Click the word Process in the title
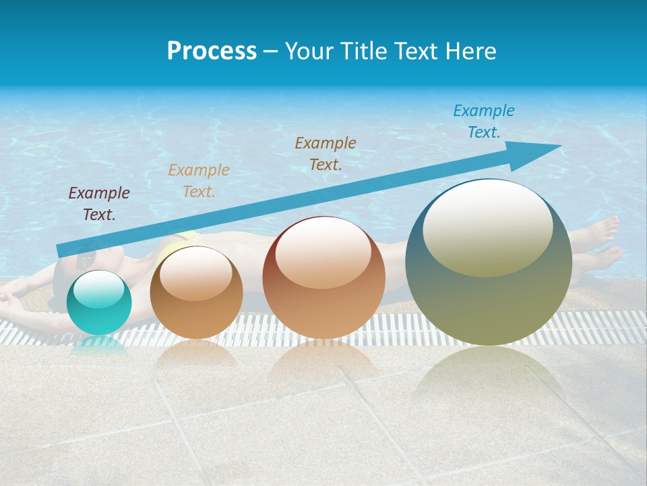click(212, 51)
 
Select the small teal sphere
click(99, 302)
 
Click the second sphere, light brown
click(196, 293)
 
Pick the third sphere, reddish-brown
click(323, 278)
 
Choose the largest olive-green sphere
click(489, 263)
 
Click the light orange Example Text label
click(199, 181)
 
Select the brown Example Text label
click(326, 153)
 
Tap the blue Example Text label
click(484, 122)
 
